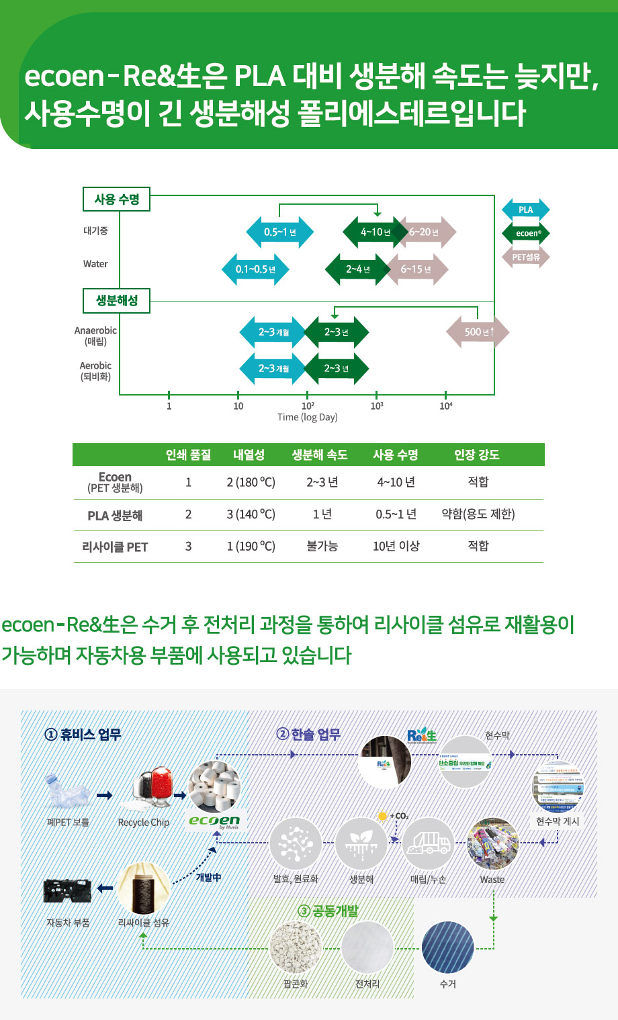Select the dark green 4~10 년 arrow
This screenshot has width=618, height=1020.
(x=373, y=232)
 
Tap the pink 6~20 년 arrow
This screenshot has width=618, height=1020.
(x=426, y=232)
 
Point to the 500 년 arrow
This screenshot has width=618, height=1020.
(x=478, y=332)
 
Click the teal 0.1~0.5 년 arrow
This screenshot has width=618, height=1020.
(x=255, y=269)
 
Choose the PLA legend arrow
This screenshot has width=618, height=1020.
(x=525, y=210)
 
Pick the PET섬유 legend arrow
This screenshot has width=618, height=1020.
(x=525, y=257)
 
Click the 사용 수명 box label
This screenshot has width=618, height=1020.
(x=117, y=199)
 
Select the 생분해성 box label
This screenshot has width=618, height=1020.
(x=117, y=300)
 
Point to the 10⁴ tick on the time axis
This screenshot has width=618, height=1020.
(x=445, y=406)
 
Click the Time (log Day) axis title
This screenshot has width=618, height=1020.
(x=308, y=417)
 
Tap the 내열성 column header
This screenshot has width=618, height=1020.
(x=249, y=455)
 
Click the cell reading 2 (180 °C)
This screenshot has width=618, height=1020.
(x=251, y=482)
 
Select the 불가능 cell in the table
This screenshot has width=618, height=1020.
(x=322, y=547)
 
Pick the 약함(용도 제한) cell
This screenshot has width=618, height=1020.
(x=478, y=514)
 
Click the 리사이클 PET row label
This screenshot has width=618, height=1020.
(x=115, y=547)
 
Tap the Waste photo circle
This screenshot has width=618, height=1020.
(x=492, y=844)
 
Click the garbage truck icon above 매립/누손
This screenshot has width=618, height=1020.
(x=429, y=843)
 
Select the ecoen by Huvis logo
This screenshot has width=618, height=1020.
(x=214, y=822)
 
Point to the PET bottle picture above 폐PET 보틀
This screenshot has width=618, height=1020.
(x=67, y=793)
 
